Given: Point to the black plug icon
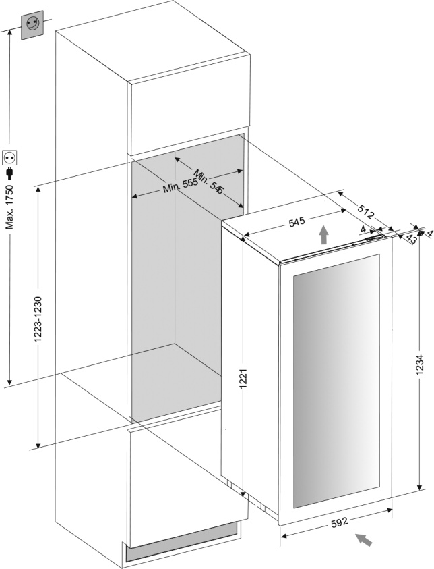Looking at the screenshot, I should [x=9, y=175].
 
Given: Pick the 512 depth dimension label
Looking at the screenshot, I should [x=365, y=213].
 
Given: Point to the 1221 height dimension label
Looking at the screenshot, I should [x=243, y=384].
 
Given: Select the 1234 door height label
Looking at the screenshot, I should [x=418, y=368].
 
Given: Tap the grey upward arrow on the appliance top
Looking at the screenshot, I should [x=324, y=236].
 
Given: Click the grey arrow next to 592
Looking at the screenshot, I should [x=364, y=539].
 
